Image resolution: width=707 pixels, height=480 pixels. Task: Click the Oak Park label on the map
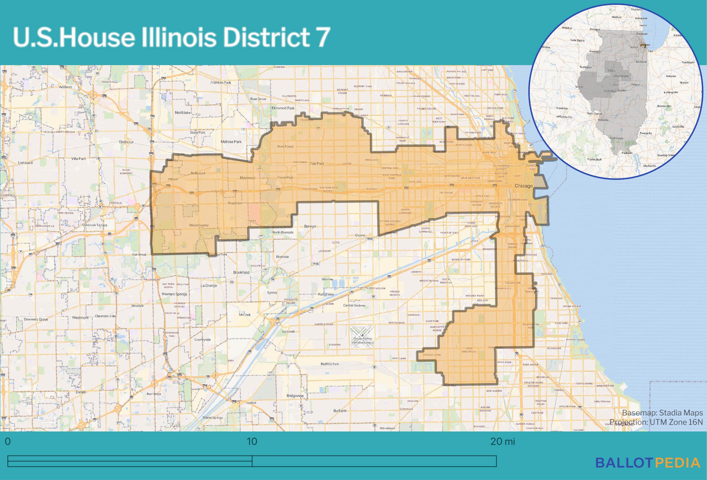coord(317,164)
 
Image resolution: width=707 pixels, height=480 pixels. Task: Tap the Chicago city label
coord(523,186)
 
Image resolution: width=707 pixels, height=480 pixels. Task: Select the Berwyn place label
coord(310,226)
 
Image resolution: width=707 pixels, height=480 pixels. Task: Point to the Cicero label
coord(360,235)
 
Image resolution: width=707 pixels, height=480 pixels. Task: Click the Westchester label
coord(199,225)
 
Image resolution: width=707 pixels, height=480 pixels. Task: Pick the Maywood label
coord(247,178)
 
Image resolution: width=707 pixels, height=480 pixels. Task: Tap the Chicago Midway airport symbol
coord(362,335)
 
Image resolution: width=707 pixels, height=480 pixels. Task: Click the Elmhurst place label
coord(126,142)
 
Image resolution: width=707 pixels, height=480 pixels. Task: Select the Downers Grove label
coord(36,319)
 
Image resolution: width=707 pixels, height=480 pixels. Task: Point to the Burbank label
coord(340,411)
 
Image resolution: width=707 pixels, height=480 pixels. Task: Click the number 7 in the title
coord(322,37)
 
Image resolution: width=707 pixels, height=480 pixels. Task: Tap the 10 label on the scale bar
coord(252,442)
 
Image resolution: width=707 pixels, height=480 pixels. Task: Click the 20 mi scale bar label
coord(502,442)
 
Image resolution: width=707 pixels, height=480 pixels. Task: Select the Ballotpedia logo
coord(648,463)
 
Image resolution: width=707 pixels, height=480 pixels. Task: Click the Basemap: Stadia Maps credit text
coord(662,413)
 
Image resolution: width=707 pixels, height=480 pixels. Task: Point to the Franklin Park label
coord(221,83)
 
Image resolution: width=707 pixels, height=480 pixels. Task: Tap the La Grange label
coord(209,286)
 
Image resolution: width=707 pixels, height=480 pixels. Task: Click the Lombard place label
coord(25,163)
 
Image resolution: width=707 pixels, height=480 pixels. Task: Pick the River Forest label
coord(285,146)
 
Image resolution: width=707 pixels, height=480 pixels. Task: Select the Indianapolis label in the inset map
coord(670,92)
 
